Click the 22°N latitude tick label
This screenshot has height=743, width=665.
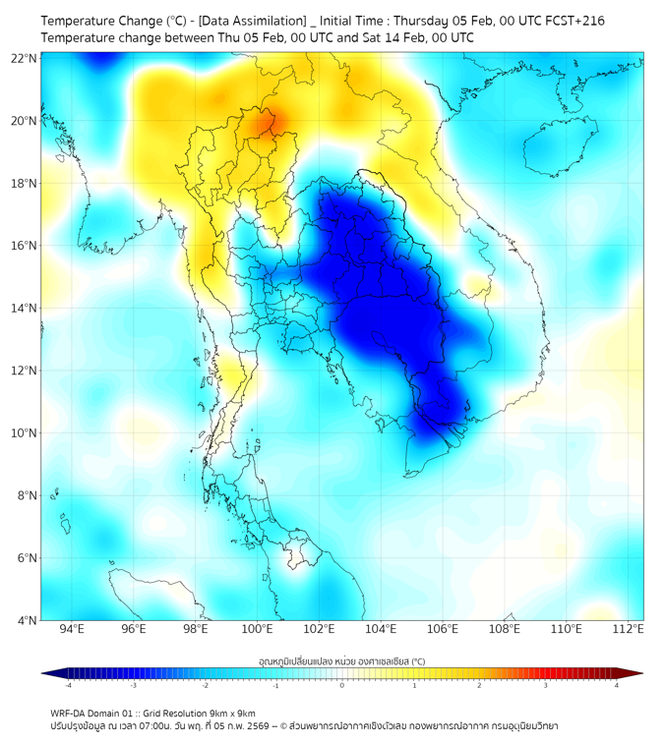click(x=25, y=58)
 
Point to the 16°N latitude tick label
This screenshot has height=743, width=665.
click(x=25, y=246)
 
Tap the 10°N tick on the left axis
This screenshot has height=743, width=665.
click(x=25, y=432)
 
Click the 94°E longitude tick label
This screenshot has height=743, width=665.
click(x=72, y=629)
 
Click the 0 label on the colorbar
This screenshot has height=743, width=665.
click(x=342, y=685)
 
